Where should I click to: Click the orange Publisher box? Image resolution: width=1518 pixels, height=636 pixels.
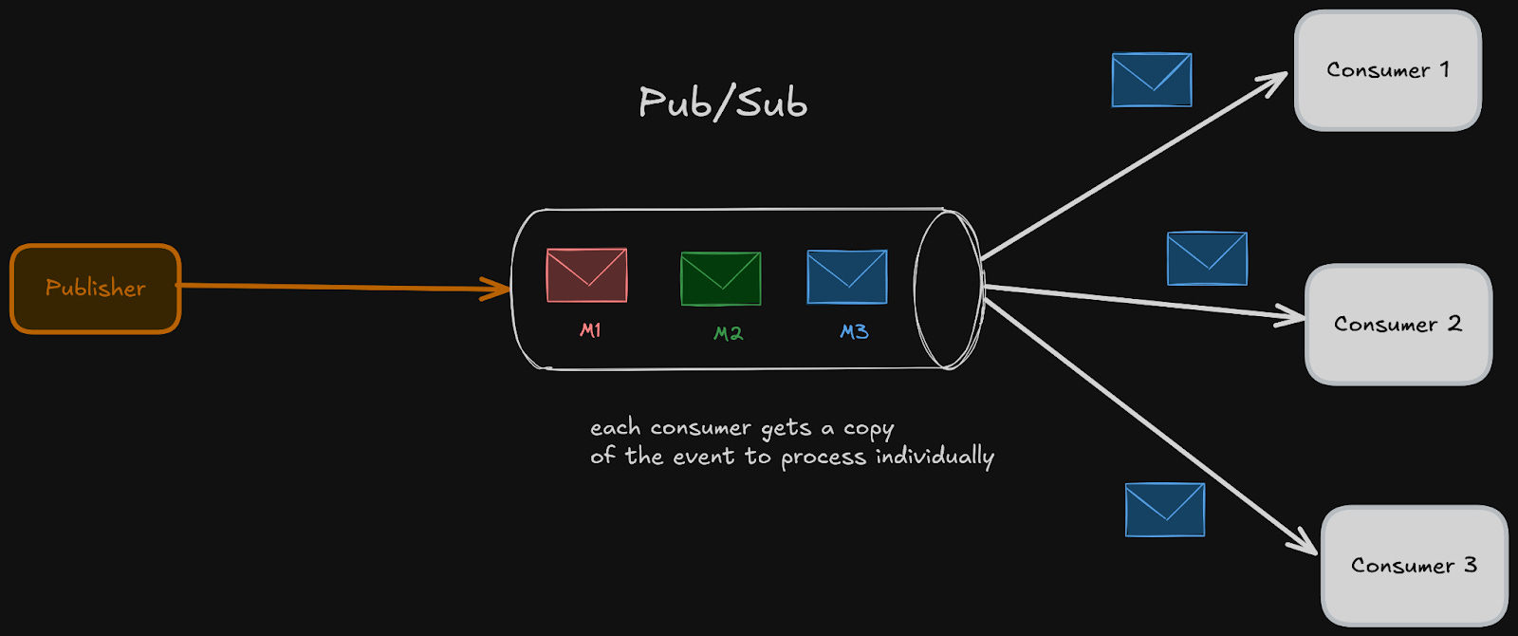pos(95,289)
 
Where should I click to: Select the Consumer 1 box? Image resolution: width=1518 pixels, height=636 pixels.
pos(1387,70)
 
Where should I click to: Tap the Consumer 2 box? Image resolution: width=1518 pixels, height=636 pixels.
pos(1398,325)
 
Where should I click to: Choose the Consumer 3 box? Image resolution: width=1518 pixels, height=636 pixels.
pos(1414,566)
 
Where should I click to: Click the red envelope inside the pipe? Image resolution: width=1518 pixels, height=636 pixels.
pos(586,275)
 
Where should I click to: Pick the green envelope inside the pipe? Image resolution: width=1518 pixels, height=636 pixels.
pos(721,279)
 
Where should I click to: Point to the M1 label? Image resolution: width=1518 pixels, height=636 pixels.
pos(590,330)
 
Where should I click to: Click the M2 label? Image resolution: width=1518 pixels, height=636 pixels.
pos(728,333)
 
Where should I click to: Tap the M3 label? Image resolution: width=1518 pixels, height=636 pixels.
pos(854,331)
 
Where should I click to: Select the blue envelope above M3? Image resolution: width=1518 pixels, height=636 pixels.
pos(846,277)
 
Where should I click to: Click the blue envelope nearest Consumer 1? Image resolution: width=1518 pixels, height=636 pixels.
pos(1152,80)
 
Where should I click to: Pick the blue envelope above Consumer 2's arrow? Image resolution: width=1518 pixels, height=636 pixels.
pos(1207,258)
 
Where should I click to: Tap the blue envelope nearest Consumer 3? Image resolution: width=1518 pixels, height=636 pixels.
pos(1165,510)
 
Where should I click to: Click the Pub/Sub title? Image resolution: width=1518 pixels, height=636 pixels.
pos(723,103)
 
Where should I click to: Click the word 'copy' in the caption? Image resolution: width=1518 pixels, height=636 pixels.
pos(868,429)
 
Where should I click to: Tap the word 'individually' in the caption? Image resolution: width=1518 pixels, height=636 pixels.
pos(935,458)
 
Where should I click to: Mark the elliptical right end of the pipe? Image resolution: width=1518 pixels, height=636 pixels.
pos(947,289)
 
